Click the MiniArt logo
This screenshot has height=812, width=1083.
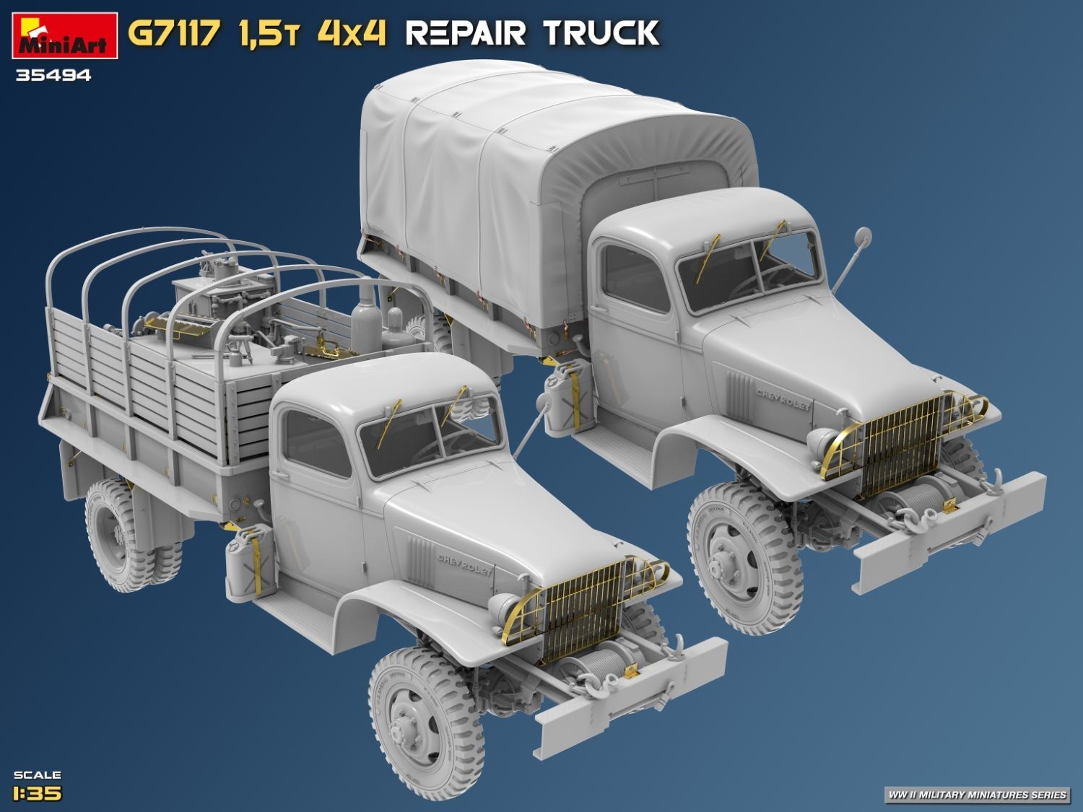point(65,35)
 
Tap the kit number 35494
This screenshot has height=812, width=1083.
point(53,76)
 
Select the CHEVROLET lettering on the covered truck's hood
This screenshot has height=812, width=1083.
point(783,399)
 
